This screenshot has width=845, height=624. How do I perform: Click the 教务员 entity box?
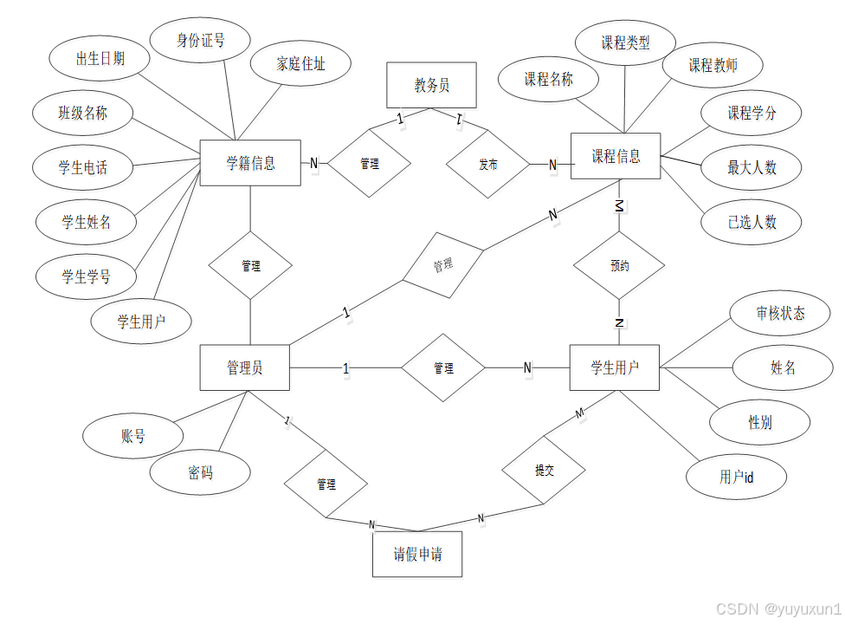point(431,85)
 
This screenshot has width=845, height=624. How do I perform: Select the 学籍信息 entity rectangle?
point(250,163)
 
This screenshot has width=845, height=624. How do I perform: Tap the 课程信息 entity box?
point(616,157)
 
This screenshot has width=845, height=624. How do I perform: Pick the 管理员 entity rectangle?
point(244,368)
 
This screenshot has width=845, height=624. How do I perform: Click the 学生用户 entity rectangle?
point(615,367)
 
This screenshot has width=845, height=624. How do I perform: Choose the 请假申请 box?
point(417,555)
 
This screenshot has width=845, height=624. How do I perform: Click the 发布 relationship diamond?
point(487,164)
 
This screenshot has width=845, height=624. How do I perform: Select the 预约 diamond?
point(620,266)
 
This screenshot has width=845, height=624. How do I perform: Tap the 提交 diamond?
point(544,471)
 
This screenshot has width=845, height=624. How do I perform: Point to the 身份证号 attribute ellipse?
point(201,40)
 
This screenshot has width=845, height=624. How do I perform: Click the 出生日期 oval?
point(100,59)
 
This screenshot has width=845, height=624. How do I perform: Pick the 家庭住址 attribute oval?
point(300,63)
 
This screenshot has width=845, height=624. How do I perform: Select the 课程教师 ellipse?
point(713,66)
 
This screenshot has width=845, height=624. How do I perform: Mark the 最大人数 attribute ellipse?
point(751,167)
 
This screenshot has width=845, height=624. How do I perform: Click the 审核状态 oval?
point(780,313)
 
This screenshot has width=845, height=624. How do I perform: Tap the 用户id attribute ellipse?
point(736,477)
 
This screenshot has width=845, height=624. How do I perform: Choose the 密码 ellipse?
point(200,472)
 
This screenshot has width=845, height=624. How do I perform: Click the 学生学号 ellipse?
point(86,277)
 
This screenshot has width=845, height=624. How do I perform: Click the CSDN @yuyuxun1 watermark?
point(777,608)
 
